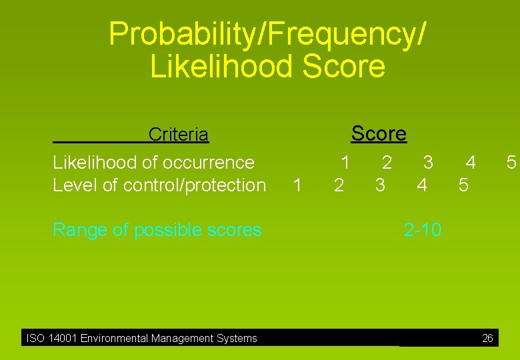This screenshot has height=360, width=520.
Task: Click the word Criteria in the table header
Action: tap(178, 135)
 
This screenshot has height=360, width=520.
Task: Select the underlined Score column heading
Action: tap(379, 133)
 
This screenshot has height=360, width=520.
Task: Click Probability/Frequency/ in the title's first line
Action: tap(267, 33)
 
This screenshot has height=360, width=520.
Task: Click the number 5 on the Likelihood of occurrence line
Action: tap(511, 162)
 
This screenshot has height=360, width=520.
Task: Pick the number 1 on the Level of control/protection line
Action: tap(297, 185)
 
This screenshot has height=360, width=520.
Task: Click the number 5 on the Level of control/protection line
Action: tap(463, 185)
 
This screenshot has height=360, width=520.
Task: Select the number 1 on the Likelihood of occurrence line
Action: tap(345, 162)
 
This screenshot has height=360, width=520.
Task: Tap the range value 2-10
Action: tap(422, 230)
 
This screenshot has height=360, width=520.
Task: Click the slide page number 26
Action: tap(487, 339)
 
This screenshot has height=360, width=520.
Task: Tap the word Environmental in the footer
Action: tap(115, 339)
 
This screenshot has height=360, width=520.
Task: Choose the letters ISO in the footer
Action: tap(35, 339)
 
